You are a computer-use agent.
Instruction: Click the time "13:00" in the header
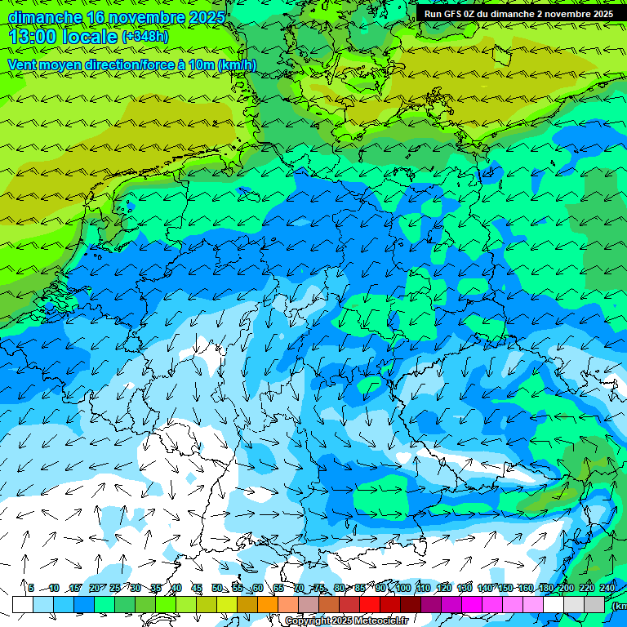(x=33, y=37)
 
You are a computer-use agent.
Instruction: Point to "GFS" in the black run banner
(x=454, y=14)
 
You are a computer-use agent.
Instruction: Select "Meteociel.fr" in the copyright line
(x=380, y=620)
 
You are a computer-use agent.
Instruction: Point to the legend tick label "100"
(x=402, y=588)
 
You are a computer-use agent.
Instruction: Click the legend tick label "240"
(x=607, y=588)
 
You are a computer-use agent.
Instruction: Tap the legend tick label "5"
(x=31, y=588)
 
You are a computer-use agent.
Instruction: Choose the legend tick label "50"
(x=217, y=588)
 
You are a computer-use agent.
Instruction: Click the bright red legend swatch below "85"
(x=370, y=604)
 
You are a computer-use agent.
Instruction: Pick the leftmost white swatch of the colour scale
(x=22, y=604)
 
